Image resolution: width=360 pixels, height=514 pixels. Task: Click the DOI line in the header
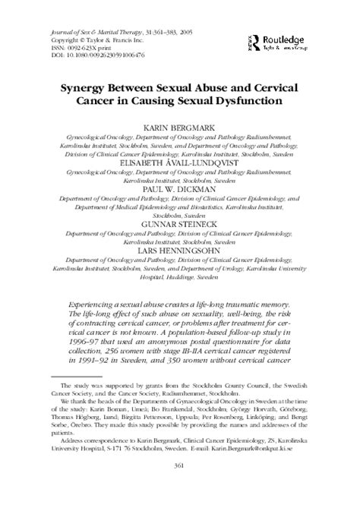point(91,54)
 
